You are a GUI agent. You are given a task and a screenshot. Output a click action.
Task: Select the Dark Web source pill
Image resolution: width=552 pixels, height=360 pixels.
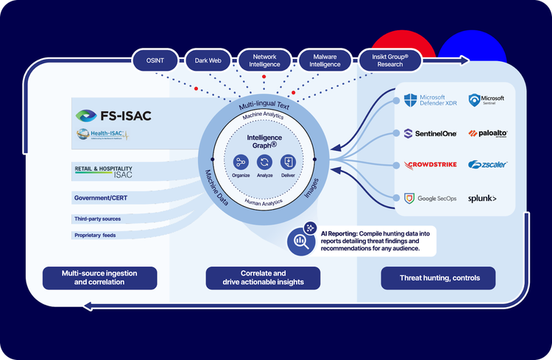(x=209, y=60)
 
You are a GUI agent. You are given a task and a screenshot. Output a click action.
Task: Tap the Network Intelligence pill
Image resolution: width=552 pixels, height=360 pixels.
(x=265, y=60)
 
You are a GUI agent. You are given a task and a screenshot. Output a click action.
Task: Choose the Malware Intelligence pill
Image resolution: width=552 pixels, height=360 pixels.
(x=325, y=60)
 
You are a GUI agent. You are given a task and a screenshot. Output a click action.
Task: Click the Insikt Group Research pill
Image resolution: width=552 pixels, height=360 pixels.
(x=389, y=60)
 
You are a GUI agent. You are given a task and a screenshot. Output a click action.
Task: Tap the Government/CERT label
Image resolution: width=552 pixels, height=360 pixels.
(x=102, y=198)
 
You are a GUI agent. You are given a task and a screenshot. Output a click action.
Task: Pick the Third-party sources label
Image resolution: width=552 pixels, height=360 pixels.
(x=97, y=219)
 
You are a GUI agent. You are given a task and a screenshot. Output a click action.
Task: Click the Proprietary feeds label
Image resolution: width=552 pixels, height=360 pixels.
(x=95, y=236)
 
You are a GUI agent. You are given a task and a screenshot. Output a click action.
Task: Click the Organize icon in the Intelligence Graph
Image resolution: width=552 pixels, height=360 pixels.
(x=241, y=162)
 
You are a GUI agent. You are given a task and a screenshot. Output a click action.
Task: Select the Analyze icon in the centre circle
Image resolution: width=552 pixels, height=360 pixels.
(x=264, y=162)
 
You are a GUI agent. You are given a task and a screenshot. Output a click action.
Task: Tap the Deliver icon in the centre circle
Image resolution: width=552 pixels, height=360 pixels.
(x=288, y=162)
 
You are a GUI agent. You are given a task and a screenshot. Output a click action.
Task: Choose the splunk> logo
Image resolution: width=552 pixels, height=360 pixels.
(x=483, y=198)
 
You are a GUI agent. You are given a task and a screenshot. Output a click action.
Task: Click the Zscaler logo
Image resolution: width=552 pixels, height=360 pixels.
(x=487, y=165)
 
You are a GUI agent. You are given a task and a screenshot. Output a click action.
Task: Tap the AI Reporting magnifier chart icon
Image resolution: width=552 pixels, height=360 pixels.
(x=300, y=241)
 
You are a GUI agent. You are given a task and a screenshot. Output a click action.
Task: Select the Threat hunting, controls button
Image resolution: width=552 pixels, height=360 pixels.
(x=437, y=278)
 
